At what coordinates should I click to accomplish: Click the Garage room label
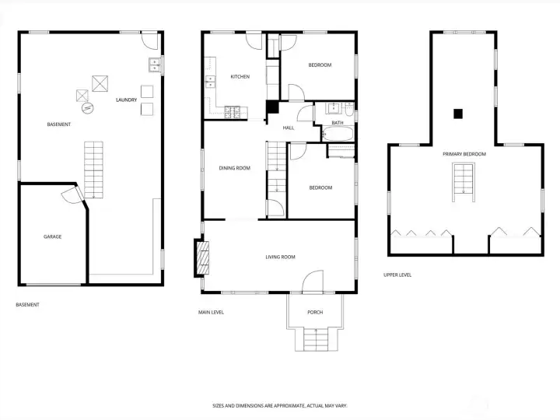point(53,236)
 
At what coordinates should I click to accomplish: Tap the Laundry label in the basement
point(127,100)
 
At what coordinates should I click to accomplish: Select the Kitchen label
point(240,77)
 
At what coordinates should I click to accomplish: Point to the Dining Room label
point(234,168)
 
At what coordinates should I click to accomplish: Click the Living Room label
point(280,257)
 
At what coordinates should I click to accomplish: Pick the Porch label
point(315,312)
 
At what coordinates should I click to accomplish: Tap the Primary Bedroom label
point(464,154)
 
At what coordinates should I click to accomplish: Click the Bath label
point(338,123)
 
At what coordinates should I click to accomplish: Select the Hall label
point(289,128)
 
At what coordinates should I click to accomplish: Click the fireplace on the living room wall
point(201,258)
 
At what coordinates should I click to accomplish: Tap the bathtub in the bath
point(338,134)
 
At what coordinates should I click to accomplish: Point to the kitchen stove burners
point(232,112)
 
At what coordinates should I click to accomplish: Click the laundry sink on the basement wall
point(155,65)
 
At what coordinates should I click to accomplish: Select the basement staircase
point(93,170)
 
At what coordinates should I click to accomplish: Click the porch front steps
point(316,339)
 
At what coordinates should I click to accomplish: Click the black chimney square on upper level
point(458,114)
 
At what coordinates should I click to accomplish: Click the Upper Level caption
point(397,275)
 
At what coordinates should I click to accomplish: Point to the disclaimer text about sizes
point(280,406)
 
